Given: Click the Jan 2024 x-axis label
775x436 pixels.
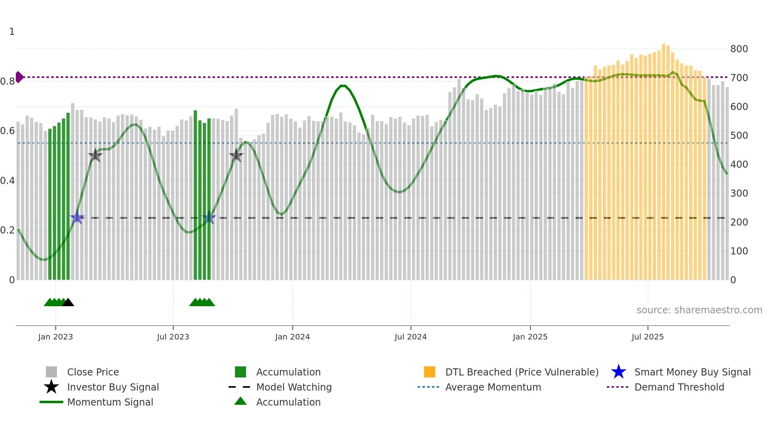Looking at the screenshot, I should point(292,337).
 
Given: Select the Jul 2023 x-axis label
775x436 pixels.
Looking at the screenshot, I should point(173,337).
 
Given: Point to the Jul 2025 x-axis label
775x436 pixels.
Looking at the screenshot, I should point(647,337).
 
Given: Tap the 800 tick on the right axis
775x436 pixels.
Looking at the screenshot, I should point(739,49).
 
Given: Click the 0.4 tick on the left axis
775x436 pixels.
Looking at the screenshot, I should point(8,181).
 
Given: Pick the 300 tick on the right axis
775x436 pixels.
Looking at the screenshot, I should point(739,193).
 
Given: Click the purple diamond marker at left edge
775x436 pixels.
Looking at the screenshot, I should point(19,77).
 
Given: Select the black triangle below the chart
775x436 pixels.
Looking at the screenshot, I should point(68,302).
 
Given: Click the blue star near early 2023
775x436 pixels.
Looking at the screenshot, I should point(77,218).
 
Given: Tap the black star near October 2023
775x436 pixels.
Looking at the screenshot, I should point(236,155).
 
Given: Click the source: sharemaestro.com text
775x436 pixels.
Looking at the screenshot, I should point(699,310).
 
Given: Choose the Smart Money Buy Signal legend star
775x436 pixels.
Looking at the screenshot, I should point(618,372).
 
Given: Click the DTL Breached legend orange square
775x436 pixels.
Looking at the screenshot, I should point(429,372).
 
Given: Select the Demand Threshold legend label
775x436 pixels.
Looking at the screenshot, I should point(679,387).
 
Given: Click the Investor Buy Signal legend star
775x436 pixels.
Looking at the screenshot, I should point(51,387).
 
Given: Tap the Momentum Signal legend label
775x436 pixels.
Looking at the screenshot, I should point(110,402).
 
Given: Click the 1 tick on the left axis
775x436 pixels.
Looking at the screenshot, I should point(12,32).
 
